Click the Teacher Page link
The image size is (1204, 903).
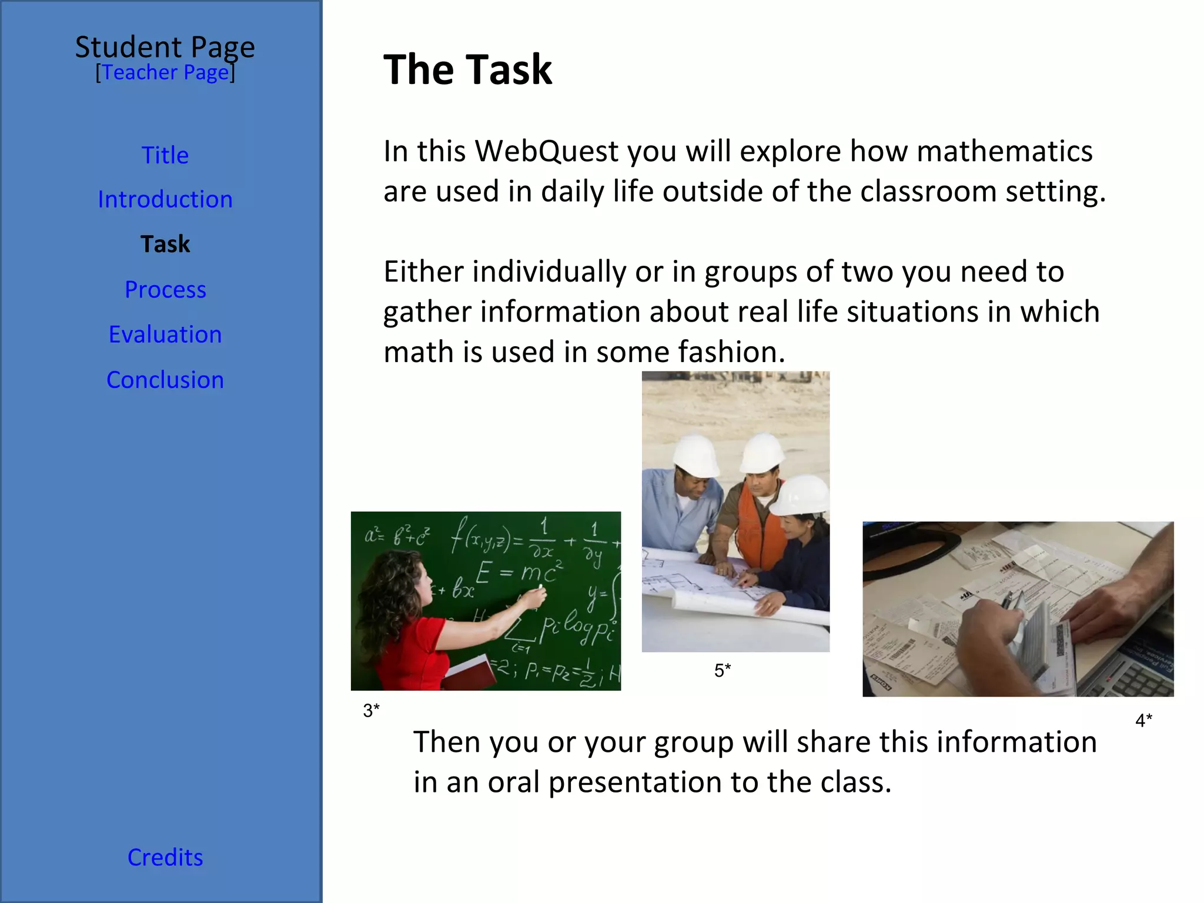[x=165, y=72]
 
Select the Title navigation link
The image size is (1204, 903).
[x=165, y=155]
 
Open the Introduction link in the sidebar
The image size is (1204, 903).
[x=165, y=199]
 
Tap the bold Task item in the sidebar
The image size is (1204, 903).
[x=165, y=244]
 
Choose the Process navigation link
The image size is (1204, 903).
[x=165, y=289]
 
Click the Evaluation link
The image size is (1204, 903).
[x=165, y=334]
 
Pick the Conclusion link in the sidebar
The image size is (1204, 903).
[x=165, y=380]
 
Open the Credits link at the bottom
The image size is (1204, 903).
[x=165, y=857]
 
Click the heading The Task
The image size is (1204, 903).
[x=467, y=69]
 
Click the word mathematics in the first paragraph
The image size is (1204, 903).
[x=1004, y=151]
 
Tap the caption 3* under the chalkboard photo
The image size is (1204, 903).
[x=371, y=710]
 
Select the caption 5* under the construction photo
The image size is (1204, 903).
[x=723, y=670]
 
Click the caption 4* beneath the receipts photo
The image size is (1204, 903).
[x=1143, y=720]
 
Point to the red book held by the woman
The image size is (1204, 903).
[x=470, y=673]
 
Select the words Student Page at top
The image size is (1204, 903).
[x=165, y=47]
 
